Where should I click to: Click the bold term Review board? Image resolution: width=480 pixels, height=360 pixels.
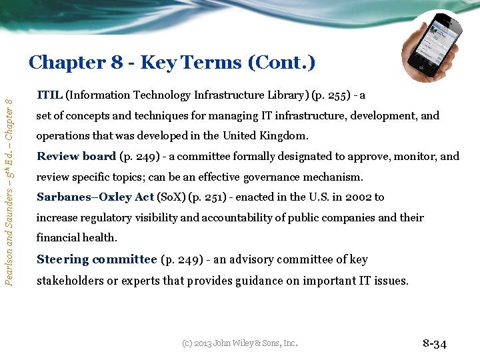point(76,157)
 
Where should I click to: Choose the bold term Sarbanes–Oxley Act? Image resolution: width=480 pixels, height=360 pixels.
point(95,197)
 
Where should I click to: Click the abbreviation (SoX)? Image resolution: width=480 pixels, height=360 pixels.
point(171,197)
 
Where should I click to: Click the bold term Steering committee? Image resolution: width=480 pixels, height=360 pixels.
point(97,259)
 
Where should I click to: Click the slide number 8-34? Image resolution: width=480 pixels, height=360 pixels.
point(435,344)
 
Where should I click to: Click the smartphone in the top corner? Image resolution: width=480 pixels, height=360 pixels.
point(434,47)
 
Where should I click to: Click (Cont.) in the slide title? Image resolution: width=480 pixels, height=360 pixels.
point(281,63)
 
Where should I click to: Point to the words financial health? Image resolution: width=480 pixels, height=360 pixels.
point(77,238)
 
